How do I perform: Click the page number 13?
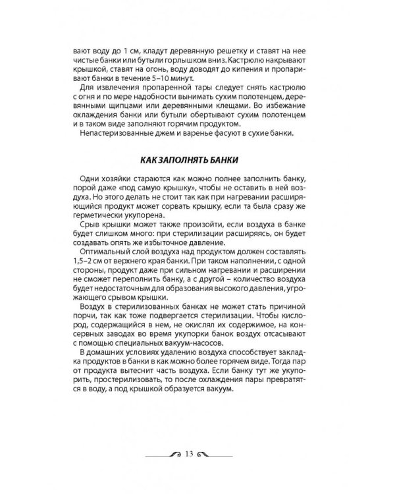(x=190, y=454)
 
